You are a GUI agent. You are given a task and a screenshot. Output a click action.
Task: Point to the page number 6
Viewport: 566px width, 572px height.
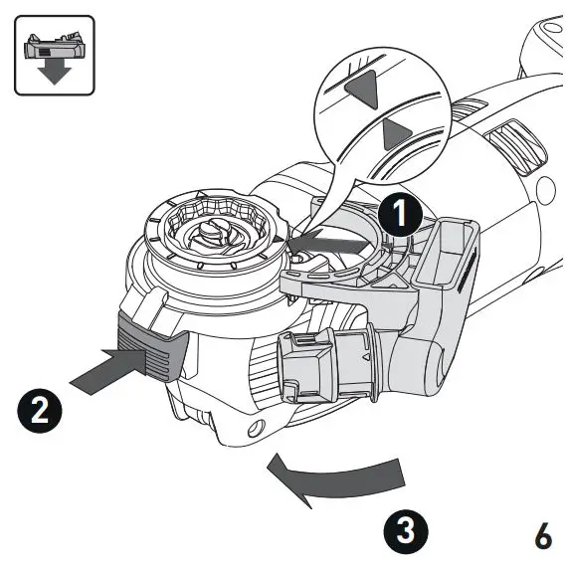542,535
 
